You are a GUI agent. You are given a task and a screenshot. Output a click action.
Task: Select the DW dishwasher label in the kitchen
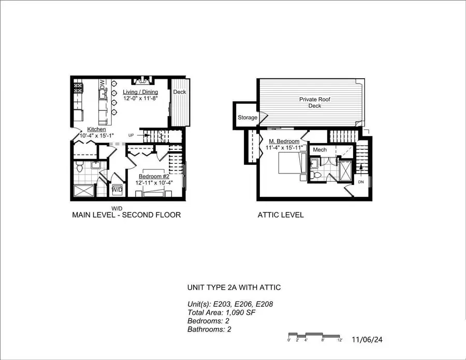(x=102, y=84)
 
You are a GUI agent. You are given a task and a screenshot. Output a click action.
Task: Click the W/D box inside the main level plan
(x=117, y=190)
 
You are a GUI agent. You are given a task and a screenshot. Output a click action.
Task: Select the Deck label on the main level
(x=179, y=92)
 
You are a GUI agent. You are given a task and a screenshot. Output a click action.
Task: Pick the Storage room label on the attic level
(x=247, y=118)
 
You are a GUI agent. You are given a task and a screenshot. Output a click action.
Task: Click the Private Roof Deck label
(x=314, y=102)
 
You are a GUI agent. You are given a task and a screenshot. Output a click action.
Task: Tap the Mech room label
(x=319, y=150)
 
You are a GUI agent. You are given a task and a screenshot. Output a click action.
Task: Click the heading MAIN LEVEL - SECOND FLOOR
(x=126, y=214)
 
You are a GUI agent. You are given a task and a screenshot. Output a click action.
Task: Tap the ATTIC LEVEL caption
(x=280, y=214)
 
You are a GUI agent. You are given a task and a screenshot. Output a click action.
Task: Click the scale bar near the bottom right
(x=314, y=335)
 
